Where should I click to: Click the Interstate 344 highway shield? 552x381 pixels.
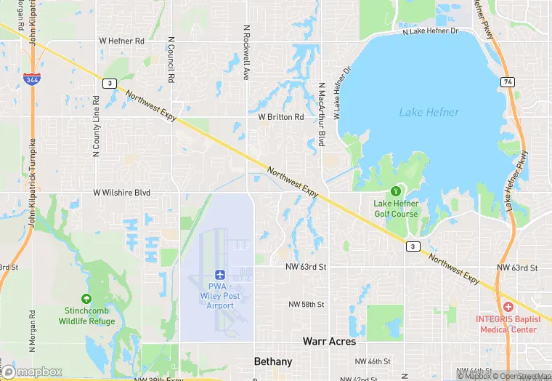31,79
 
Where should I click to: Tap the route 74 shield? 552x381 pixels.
508,82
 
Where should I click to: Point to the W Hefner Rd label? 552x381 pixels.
121,41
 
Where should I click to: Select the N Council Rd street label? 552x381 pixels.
171,59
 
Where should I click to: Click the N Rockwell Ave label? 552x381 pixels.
247,52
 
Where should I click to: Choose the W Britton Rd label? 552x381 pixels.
280,117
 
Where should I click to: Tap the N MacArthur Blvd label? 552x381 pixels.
321,115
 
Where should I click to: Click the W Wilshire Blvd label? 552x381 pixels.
121,193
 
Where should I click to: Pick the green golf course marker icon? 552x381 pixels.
395,190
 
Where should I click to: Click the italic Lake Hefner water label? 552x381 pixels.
429,112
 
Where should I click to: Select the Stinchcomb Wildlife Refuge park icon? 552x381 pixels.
86,299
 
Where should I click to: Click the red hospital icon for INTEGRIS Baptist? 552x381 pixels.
508,308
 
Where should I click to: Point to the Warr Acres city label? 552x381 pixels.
329,341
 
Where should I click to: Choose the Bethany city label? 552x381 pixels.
273,361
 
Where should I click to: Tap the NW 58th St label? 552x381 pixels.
306,304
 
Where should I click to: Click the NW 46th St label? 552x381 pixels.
373,361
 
